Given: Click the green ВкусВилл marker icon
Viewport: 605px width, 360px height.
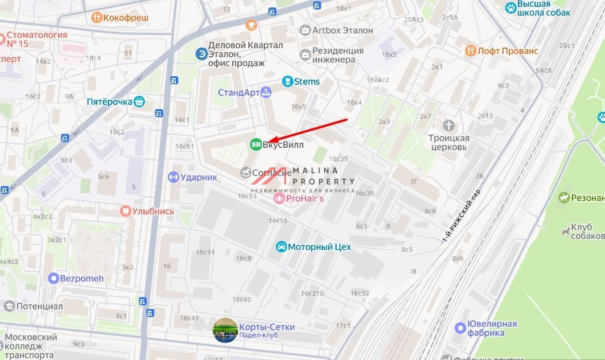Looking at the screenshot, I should [256, 145].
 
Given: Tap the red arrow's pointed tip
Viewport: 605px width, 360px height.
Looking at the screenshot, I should [270, 140].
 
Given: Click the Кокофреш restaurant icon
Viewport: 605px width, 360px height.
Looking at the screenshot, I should [96, 18].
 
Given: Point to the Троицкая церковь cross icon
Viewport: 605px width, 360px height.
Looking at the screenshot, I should [449, 126].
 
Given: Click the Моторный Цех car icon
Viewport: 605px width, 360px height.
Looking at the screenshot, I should [281, 247].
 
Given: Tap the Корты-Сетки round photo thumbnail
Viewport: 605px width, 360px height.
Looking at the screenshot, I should [225, 330].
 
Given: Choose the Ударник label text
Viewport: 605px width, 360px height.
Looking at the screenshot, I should [198, 177].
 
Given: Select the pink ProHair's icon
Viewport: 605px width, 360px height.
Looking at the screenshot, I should [279, 198].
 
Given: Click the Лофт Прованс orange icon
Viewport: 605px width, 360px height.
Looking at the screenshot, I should [470, 51].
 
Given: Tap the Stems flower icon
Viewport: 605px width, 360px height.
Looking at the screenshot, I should [287, 81].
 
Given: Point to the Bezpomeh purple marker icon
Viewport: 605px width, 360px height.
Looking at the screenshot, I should [53, 279].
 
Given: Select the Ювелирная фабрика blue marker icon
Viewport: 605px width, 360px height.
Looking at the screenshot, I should [460, 328].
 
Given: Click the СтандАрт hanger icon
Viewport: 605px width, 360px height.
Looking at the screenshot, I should [266, 92].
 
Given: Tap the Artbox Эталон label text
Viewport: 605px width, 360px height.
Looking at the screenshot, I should [342, 30].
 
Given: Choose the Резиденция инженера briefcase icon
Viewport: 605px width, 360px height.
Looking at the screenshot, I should [305, 55].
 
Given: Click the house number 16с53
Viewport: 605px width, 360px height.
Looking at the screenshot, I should [247, 195].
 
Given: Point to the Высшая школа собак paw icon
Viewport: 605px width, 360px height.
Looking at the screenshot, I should [510, 7].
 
